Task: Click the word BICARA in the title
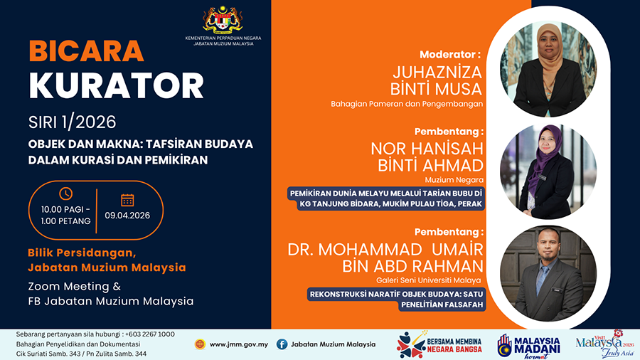pos(86,51)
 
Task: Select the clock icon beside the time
pos(65,194)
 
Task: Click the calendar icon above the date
pos(127,199)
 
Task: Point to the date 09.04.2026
pos(128,216)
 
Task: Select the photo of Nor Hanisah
pos(548,171)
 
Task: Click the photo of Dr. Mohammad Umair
pos(548,275)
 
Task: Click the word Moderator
pos(450,54)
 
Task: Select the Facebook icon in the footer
pos(282,344)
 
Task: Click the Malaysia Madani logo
pos(528,344)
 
